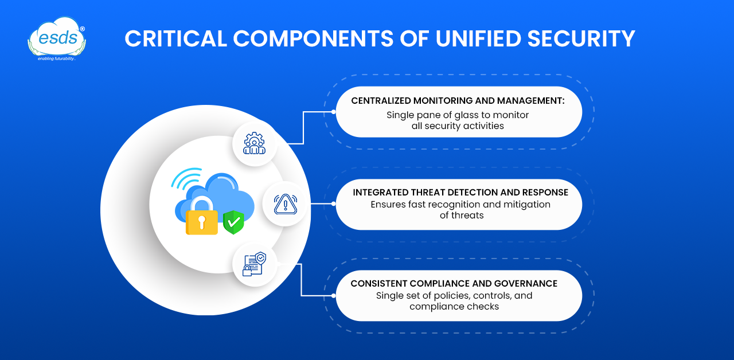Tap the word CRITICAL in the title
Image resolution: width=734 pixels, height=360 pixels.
pos(175,38)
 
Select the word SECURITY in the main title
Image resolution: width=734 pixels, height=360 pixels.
pos(581,38)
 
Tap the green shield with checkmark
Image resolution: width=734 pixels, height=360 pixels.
pos(233,222)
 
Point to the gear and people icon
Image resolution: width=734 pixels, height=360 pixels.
pos(254,143)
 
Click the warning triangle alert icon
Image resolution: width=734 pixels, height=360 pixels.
pos(286,204)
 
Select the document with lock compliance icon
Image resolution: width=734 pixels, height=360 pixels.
pos(254,264)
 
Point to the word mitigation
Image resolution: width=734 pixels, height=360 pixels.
pos(526,205)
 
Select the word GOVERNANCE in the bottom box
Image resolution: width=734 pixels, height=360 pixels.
pos(526,284)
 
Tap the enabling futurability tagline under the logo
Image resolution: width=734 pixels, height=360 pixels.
pos(57,58)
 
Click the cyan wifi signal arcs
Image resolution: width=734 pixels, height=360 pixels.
pos(186,178)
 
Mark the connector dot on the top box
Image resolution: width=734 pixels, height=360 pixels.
pos(333,112)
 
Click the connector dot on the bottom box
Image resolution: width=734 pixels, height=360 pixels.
pos(333,296)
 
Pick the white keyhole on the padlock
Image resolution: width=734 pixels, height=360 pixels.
pos(202,222)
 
